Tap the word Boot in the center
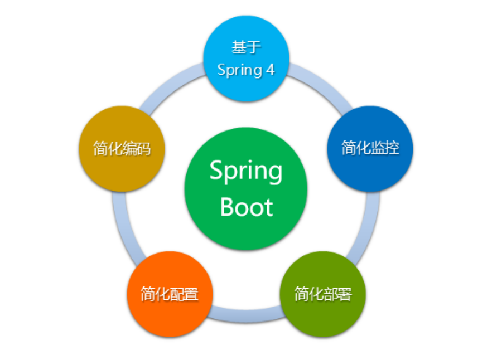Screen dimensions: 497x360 (247, 207)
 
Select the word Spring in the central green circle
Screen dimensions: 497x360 (246, 171)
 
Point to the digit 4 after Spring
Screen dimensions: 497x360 (270, 70)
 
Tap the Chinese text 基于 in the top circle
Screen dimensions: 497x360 (246, 47)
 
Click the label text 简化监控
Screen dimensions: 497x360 (370, 148)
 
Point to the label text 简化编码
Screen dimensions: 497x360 (122, 149)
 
